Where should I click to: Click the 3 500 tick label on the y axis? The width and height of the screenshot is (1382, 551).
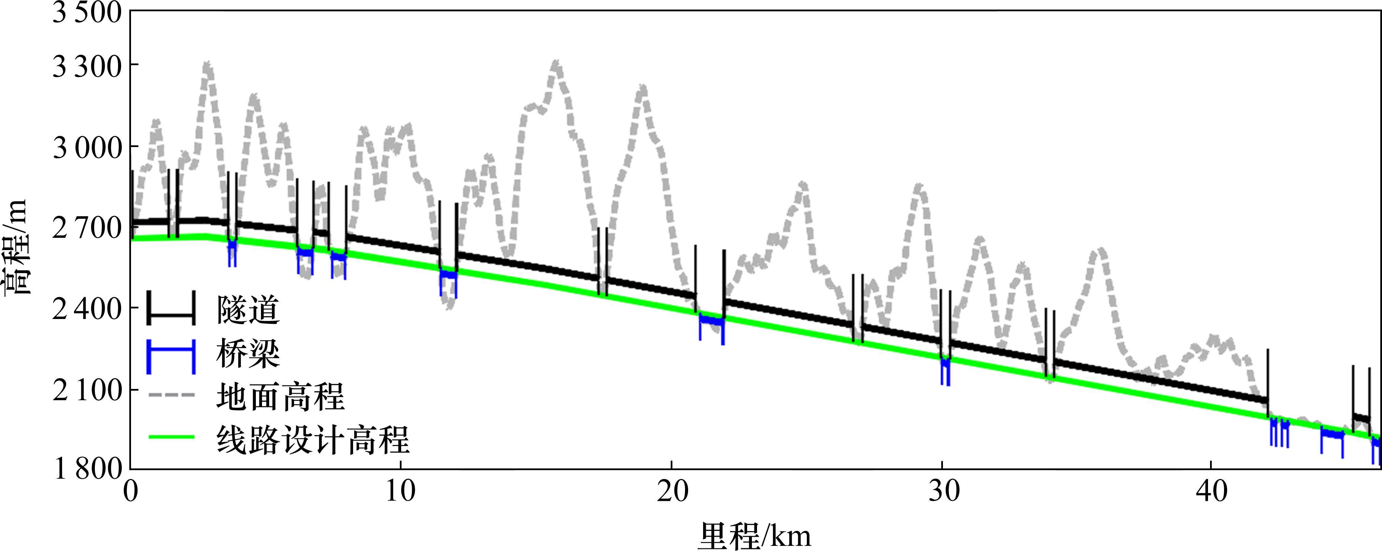(x=87, y=13)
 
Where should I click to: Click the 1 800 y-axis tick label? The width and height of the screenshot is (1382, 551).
(x=87, y=469)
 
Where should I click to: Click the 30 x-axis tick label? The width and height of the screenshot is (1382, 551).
(x=943, y=491)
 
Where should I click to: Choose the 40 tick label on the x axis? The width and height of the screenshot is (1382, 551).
(x=1212, y=491)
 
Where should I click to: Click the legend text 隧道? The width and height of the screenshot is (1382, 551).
(x=248, y=311)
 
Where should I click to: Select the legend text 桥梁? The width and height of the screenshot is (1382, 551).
(x=248, y=354)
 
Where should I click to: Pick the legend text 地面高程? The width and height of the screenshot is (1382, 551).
(x=280, y=397)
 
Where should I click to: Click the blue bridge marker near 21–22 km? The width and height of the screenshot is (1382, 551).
(x=711, y=321)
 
